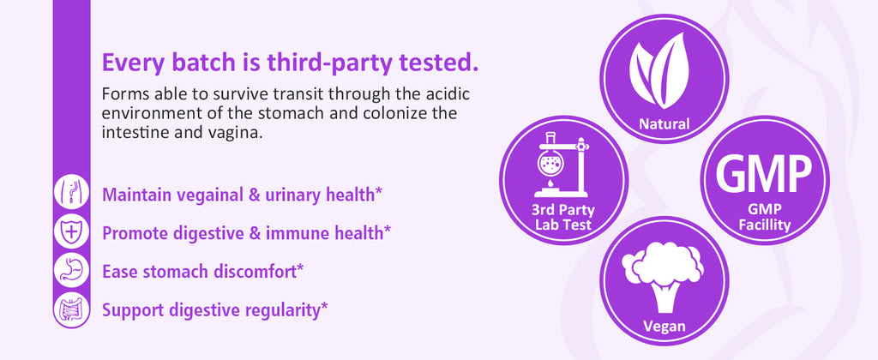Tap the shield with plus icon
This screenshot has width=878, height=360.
tap(71, 231)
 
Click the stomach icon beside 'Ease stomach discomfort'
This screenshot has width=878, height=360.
tap(72, 270)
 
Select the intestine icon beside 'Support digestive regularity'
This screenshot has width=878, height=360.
tap(71, 309)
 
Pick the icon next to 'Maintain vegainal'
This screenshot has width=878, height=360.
tap(71, 192)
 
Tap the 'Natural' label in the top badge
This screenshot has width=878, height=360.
tap(665, 123)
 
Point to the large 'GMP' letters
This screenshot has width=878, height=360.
tap(764, 172)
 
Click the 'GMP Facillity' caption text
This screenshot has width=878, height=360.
tap(764, 218)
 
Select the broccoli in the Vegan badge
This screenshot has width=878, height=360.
tap(663, 275)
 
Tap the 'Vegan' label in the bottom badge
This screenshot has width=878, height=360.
tap(665, 326)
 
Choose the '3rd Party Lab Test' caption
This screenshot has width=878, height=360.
tap(562, 218)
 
